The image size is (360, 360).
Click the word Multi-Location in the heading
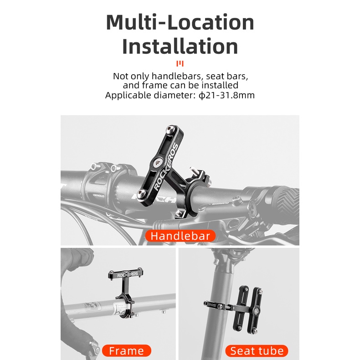tap(180, 22)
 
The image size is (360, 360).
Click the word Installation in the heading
tap(180, 46)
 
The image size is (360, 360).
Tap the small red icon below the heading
tap(180, 64)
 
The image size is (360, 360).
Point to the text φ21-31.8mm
tap(226, 95)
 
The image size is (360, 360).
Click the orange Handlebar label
tap(180, 236)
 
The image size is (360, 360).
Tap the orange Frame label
tap(127, 351)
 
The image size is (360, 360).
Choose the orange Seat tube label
tap(257, 351)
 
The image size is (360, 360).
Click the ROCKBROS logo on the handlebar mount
tap(166, 167)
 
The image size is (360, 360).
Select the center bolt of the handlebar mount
tap(158, 163)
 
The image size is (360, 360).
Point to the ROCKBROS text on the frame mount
tap(128, 275)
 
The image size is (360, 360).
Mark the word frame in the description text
tap(155, 85)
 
